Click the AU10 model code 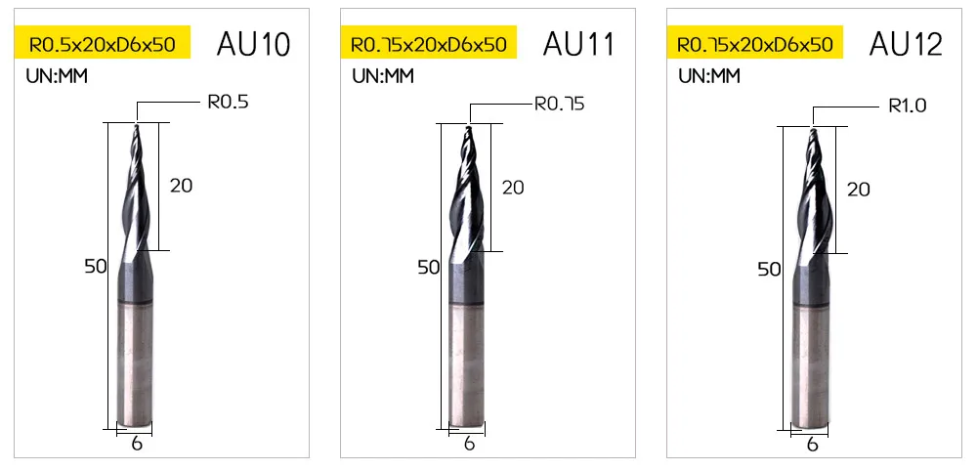(x=254, y=44)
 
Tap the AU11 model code (x=578, y=44)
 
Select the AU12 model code (x=906, y=44)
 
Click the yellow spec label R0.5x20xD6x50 (x=103, y=44)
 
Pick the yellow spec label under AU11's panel (x=429, y=44)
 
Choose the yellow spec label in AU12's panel (x=754, y=44)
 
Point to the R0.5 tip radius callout (x=228, y=102)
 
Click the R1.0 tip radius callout (x=908, y=106)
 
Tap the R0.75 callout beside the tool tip (x=560, y=104)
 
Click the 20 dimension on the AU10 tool (x=181, y=185)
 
